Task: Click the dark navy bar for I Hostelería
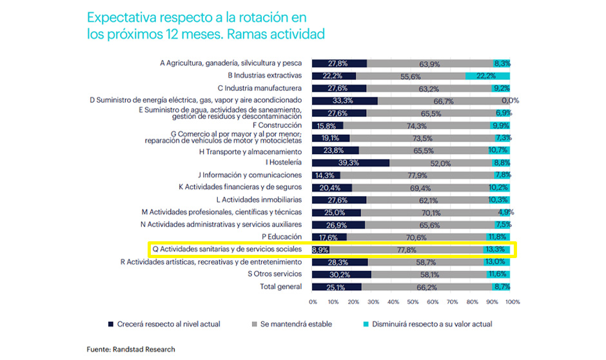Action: (351, 163)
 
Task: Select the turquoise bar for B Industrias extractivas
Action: (488, 75)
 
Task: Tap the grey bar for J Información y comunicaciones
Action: (417, 175)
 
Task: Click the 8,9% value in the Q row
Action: (320, 250)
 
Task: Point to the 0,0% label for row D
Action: (510, 101)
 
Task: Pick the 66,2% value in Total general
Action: (427, 287)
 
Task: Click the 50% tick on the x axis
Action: (413, 301)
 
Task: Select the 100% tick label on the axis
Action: (513, 301)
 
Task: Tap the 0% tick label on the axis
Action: (313, 301)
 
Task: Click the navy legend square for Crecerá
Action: (111, 324)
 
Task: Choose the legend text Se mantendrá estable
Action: (296, 324)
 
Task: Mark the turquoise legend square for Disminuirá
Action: (366, 324)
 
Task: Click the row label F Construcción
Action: (277, 125)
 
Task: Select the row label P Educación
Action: (282, 237)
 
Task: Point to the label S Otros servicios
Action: (275, 274)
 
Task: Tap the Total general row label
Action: (281, 286)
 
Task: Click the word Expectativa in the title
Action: (122, 18)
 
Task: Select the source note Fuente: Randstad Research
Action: (131, 349)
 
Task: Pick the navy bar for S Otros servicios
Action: (342, 275)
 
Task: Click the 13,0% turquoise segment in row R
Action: (496, 262)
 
